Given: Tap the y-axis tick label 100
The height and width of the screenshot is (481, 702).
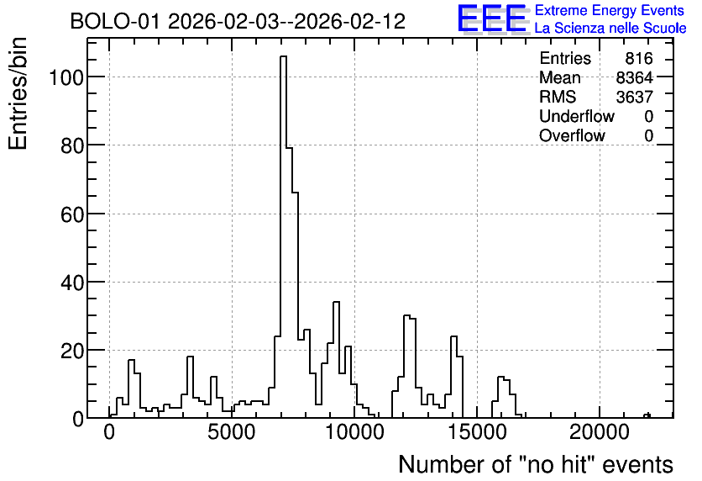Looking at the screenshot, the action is (65, 77).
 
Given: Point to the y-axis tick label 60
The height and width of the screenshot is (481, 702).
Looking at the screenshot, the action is (71, 214).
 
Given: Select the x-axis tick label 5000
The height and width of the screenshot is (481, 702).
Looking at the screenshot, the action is (232, 432).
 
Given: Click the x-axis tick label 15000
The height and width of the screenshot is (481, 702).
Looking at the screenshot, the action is (476, 432).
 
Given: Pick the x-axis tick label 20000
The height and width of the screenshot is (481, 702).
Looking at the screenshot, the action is (599, 432).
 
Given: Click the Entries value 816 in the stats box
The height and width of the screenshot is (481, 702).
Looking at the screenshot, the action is (639, 58).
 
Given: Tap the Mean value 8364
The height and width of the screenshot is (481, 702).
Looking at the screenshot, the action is (634, 77).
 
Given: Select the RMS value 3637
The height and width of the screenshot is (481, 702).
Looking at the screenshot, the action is (634, 97).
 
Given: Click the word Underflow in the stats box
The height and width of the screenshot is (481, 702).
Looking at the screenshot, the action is (577, 116).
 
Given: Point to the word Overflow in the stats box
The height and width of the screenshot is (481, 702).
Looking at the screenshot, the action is (572, 135).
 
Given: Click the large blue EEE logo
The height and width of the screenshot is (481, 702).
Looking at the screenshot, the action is (492, 19).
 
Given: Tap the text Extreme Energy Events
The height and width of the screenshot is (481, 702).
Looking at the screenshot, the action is (610, 10).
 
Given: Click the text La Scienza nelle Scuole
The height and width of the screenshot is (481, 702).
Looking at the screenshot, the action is (610, 29).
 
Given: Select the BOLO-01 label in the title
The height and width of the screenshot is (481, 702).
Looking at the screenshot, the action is (115, 21).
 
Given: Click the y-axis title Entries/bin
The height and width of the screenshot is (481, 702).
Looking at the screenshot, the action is (18, 93).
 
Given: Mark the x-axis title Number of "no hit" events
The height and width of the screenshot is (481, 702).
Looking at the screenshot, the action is (536, 464).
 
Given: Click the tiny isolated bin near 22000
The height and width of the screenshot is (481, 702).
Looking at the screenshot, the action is (647, 415).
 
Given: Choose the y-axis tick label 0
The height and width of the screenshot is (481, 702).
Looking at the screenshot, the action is (78, 420).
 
